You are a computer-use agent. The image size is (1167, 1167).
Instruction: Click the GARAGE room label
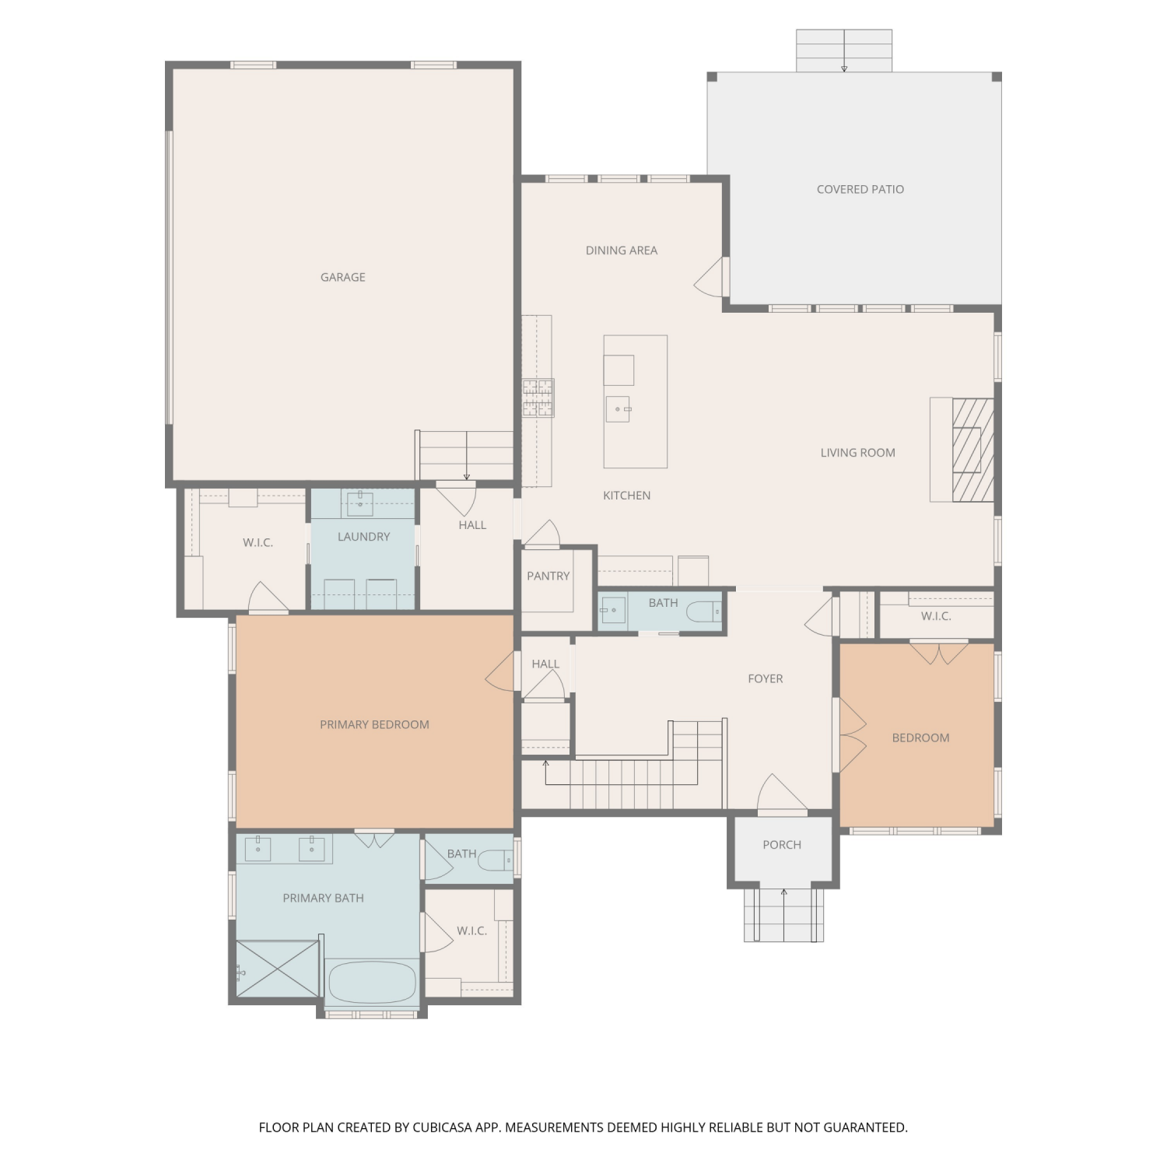(342, 277)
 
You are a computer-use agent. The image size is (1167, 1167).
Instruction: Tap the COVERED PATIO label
(860, 189)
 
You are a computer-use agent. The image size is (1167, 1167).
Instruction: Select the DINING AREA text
(621, 251)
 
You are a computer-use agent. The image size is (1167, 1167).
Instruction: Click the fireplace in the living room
(972, 450)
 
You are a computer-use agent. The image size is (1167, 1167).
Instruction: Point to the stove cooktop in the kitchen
(538, 398)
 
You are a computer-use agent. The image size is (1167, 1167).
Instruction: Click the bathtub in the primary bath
(372, 983)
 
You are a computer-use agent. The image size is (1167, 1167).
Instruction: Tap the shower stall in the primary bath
(278, 968)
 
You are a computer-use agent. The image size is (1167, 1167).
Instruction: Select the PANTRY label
(548, 576)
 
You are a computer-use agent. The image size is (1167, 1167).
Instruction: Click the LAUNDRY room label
(363, 537)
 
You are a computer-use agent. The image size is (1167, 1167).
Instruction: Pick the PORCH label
(782, 845)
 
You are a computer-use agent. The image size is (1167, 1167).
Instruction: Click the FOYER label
(765, 679)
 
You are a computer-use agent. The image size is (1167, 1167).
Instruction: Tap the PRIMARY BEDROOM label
(374, 725)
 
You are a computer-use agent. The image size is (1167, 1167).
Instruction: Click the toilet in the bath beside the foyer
(705, 612)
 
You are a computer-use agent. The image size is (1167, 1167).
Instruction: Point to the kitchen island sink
(618, 408)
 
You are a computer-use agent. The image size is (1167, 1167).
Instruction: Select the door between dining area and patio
(711, 277)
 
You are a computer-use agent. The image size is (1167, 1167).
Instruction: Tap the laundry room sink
(359, 503)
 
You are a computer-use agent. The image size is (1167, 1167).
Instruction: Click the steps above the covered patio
(844, 51)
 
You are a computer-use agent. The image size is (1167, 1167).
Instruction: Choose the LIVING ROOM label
(857, 453)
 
